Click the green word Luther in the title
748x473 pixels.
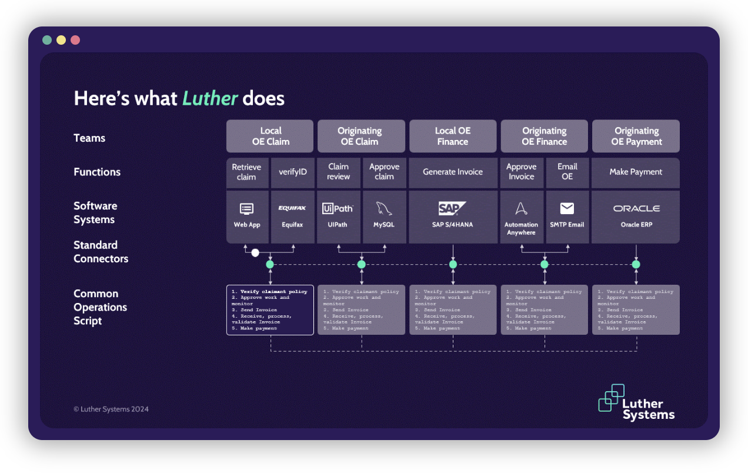pyautogui.click(x=210, y=98)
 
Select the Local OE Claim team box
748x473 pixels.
pyautogui.click(x=270, y=136)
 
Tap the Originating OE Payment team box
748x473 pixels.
pyautogui.click(x=636, y=136)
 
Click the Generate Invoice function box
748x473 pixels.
pyautogui.click(x=453, y=172)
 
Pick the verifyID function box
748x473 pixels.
pyautogui.click(x=292, y=172)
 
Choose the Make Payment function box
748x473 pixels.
pyautogui.click(x=636, y=172)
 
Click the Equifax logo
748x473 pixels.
pyautogui.click(x=292, y=208)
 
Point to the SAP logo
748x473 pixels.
pyautogui.click(x=452, y=208)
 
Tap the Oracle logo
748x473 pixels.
pyautogui.click(x=636, y=208)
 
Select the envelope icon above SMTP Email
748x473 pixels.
pyautogui.click(x=567, y=208)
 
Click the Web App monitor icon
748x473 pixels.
pyautogui.click(x=247, y=209)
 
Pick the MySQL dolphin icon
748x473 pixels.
pyautogui.click(x=384, y=208)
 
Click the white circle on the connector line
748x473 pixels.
pyautogui.click(x=255, y=253)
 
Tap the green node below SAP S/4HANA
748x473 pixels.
pyautogui.click(x=453, y=265)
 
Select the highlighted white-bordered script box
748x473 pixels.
pyautogui.click(x=270, y=310)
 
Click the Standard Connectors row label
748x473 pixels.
pyautogui.click(x=101, y=252)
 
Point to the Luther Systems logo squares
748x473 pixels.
pyautogui.click(x=611, y=397)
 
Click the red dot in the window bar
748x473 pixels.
pyautogui.click(x=75, y=40)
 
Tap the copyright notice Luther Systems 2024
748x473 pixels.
pyautogui.click(x=111, y=409)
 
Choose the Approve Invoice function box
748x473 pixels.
pyautogui.click(x=521, y=172)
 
